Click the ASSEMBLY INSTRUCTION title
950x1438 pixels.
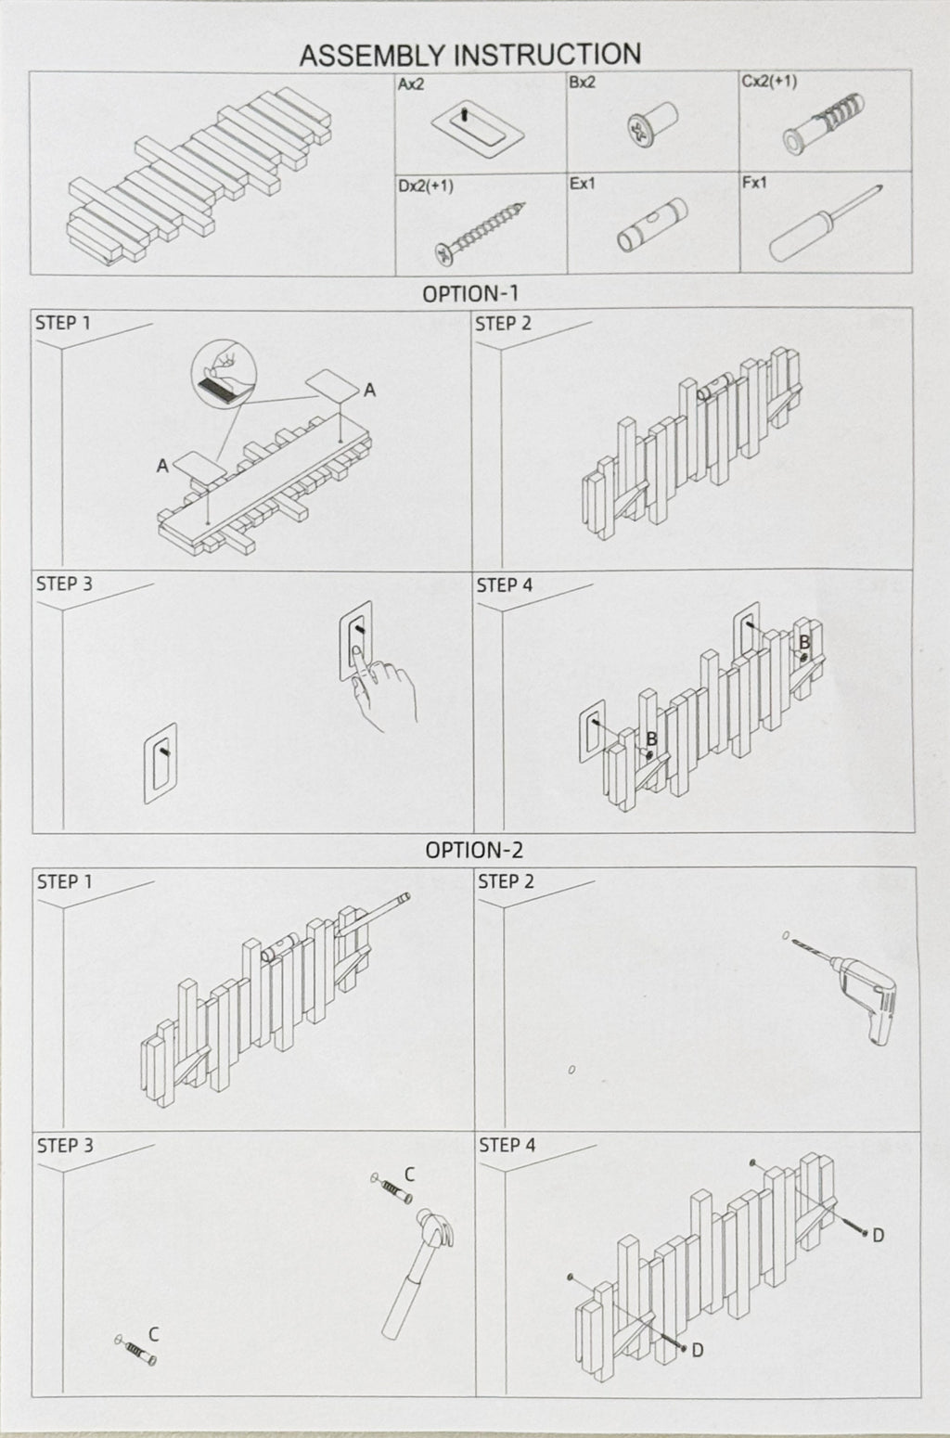469,55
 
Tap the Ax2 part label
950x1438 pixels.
412,83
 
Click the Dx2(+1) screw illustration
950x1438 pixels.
480,230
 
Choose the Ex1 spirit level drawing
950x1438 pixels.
651,225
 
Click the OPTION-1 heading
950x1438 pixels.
470,294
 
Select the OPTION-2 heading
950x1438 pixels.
473,850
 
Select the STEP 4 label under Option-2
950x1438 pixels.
507,1146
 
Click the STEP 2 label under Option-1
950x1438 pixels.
503,324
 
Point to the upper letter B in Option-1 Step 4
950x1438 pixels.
804,642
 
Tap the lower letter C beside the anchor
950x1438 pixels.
153,1334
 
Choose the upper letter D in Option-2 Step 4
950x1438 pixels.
878,1235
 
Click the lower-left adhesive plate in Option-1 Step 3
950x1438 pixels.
160,763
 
